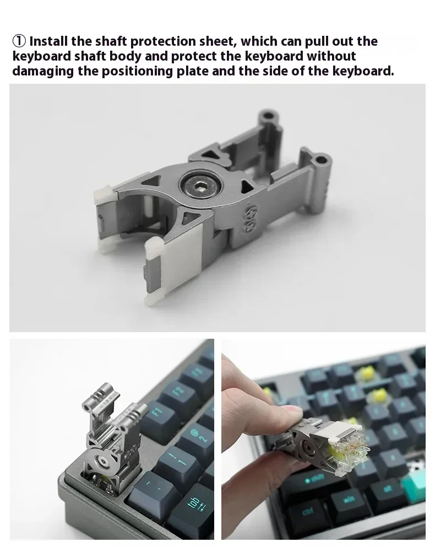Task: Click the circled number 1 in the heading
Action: point(19,41)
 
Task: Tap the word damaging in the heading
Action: point(43,72)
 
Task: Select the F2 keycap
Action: point(180,391)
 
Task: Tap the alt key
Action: point(386,489)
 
